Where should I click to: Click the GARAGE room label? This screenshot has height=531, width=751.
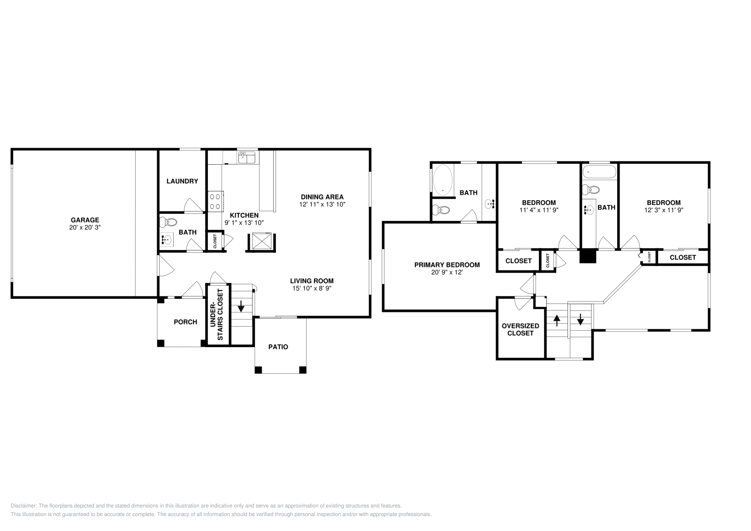(x=85, y=220)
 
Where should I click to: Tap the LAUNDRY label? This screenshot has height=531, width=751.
(x=182, y=181)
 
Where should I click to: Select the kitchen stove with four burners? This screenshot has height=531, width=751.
(x=215, y=201)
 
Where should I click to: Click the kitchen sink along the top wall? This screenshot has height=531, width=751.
(x=246, y=158)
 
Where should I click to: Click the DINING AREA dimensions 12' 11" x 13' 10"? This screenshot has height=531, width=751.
(x=322, y=205)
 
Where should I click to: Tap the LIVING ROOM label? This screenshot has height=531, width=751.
(x=312, y=281)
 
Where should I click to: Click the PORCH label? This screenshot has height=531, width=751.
(x=185, y=322)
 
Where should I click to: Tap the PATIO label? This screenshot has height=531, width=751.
(x=278, y=347)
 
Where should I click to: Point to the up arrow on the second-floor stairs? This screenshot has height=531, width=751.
(x=557, y=320)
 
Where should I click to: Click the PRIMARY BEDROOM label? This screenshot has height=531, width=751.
(x=447, y=265)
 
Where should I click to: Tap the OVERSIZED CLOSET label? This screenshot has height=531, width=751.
(x=520, y=329)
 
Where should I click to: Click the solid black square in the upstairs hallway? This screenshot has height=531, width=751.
(x=588, y=256)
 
